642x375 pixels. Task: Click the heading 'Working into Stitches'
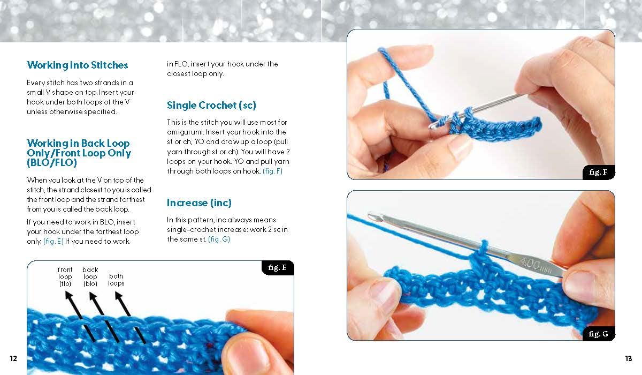78,65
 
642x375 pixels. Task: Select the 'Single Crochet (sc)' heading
211,106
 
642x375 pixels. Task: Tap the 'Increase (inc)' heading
199,203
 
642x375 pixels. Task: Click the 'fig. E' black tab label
278,268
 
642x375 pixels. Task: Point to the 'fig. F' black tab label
599,172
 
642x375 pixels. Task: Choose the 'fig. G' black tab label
599,334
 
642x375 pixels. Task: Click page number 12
13,358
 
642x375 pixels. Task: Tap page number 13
629,358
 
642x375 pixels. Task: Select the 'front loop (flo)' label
65,277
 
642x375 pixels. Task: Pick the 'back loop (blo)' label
90,277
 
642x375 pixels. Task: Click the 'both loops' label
116,280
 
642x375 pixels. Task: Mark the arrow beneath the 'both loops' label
130,317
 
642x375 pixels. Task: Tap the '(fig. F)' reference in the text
272,171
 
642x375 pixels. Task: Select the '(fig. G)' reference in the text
219,239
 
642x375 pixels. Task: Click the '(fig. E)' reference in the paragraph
53,241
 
